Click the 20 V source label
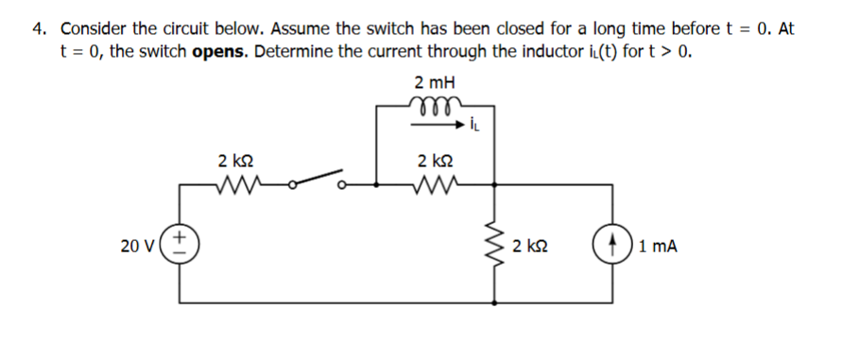click(137, 247)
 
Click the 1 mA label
click(658, 248)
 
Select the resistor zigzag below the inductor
click(434, 184)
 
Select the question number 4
click(40, 28)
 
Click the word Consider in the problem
click(95, 28)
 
